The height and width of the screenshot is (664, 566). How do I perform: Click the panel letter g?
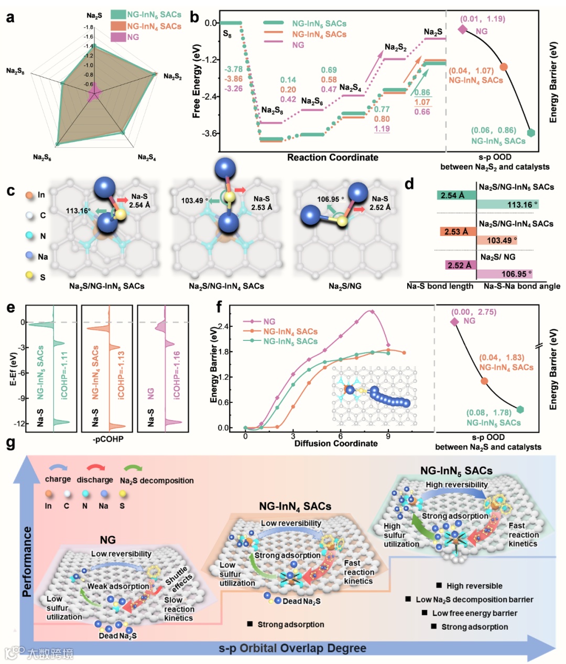(10, 443)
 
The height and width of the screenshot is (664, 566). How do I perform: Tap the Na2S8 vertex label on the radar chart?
(15, 71)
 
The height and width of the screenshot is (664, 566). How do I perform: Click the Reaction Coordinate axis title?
(332, 157)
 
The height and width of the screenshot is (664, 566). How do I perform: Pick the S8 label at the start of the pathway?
(227, 35)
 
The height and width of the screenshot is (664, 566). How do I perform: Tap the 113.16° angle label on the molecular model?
(78, 211)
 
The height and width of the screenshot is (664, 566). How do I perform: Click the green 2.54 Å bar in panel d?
(456, 195)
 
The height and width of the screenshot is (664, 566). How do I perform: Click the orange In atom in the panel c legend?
(29, 195)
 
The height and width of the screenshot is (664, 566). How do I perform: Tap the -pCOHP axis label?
(108, 438)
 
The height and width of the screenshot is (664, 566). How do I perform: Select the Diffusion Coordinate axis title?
(335, 443)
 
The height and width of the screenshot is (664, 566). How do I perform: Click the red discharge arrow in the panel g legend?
(95, 468)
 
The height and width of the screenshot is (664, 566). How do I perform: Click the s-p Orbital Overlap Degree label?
(292, 648)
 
